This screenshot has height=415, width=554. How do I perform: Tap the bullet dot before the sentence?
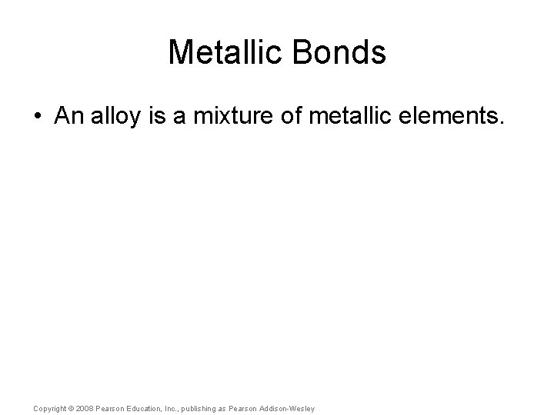click(38, 118)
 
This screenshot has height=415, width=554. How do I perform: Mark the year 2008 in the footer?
click(86, 408)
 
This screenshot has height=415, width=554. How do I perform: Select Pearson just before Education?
click(112, 408)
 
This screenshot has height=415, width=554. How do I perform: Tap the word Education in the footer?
click(149, 408)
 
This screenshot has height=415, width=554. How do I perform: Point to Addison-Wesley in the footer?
click(289, 408)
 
